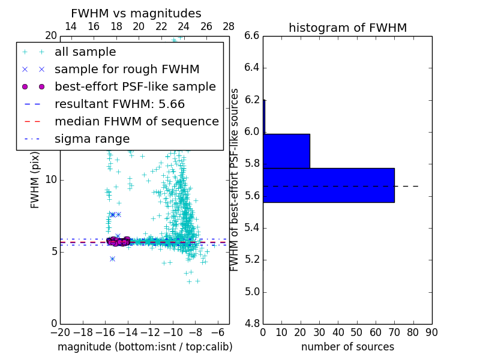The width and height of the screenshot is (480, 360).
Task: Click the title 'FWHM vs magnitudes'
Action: pyautogui.click(x=136, y=14)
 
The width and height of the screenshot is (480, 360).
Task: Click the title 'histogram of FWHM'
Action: pyautogui.click(x=347, y=28)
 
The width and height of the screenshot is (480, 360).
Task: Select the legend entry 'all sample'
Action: pyautogui.click(x=85, y=52)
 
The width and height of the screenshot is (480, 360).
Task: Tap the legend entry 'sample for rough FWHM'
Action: pyautogui.click(x=127, y=69)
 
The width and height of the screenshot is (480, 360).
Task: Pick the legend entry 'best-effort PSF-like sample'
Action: pyautogui.click(x=135, y=86)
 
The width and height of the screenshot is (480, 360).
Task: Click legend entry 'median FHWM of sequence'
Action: pyautogui.click(x=136, y=121)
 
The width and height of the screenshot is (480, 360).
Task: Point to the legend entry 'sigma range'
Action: pyautogui.click(x=92, y=139)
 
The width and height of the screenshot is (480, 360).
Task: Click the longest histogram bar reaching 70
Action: pyautogui.click(x=328, y=185)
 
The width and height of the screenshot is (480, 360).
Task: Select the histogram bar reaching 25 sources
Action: pyautogui.click(x=286, y=151)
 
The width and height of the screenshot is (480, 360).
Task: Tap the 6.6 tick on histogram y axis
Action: pyautogui.click(x=252, y=36)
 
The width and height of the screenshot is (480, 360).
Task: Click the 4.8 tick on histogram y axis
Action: pyautogui.click(x=252, y=324)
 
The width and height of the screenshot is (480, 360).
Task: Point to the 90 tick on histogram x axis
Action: pyautogui.click(x=432, y=332)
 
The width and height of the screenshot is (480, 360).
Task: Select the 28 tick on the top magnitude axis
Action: pyautogui.click(x=229, y=26)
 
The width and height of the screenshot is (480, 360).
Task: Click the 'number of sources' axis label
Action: pyautogui.click(x=347, y=347)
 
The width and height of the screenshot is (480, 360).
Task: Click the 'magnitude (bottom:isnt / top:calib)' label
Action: pyautogui.click(x=145, y=347)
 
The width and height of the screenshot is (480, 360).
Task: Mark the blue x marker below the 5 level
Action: pyautogui.click(x=112, y=259)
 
